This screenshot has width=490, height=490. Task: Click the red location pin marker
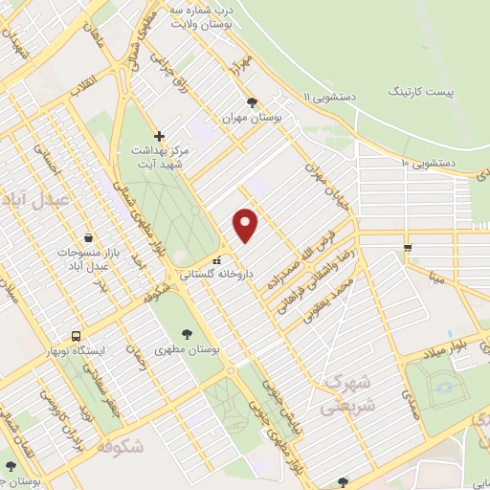[x=247, y=224]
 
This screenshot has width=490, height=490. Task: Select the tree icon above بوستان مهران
[x=252, y=100]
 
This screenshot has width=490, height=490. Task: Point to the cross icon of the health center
[x=160, y=136]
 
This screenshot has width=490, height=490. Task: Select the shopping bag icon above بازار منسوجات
[x=88, y=236]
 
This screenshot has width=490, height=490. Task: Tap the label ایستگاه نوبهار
[x=108, y=350]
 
